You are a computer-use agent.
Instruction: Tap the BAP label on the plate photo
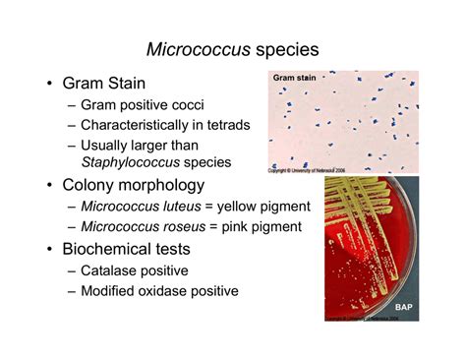click(403, 308)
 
